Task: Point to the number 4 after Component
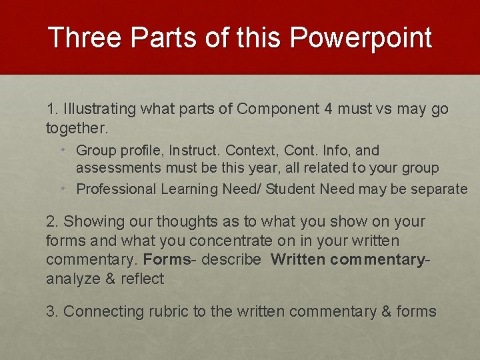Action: click(333, 109)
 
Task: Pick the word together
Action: click(75, 127)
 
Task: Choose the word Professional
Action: click(117, 189)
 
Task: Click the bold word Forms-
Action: click(169, 260)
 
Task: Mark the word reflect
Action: click(142, 279)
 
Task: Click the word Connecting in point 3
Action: click(103, 311)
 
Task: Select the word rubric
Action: click(171, 311)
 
